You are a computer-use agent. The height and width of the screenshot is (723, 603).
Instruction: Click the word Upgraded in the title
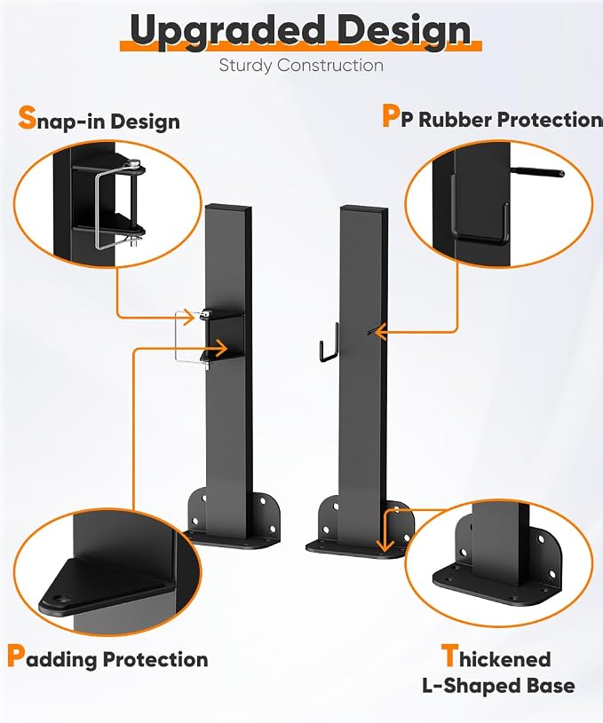pyautogui.click(x=227, y=31)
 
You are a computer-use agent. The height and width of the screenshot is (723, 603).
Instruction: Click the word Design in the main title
pyautogui.click(x=403, y=30)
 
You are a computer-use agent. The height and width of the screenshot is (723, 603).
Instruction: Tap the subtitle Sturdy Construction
pyautogui.click(x=301, y=65)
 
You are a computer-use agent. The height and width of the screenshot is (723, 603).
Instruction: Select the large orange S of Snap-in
pyautogui.click(x=27, y=117)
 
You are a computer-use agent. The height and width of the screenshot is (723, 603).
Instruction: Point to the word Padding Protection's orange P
pyautogui.click(x=16, y=656)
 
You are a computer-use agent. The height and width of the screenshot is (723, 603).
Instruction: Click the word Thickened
pyautogui.click(x=496, y=656)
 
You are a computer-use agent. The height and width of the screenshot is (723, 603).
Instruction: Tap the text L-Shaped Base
pyautogui.click(x=499, y=686)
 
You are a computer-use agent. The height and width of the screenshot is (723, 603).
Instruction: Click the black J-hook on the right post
pyautogui.click(x=329, y=343)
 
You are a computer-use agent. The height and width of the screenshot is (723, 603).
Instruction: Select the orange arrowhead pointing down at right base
pyautogui.click(x=385, y=546)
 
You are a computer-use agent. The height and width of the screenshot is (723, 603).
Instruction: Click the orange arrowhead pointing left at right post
pyautogui.click(x=379, y=332)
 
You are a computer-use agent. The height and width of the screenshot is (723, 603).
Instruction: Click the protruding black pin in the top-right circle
pyautogui.click(x=537, y=172)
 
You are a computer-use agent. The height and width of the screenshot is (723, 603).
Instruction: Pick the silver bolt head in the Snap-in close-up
pyautogui.click(x=134, y=162)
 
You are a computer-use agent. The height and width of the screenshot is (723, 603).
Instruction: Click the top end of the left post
pyautogui.click(x=229, y=207)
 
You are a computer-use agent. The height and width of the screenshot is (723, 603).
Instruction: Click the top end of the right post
pyautogui.click(x=364, y=208)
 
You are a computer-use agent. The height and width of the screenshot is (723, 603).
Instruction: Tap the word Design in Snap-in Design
pyautogui.click(x=145, y=122)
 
